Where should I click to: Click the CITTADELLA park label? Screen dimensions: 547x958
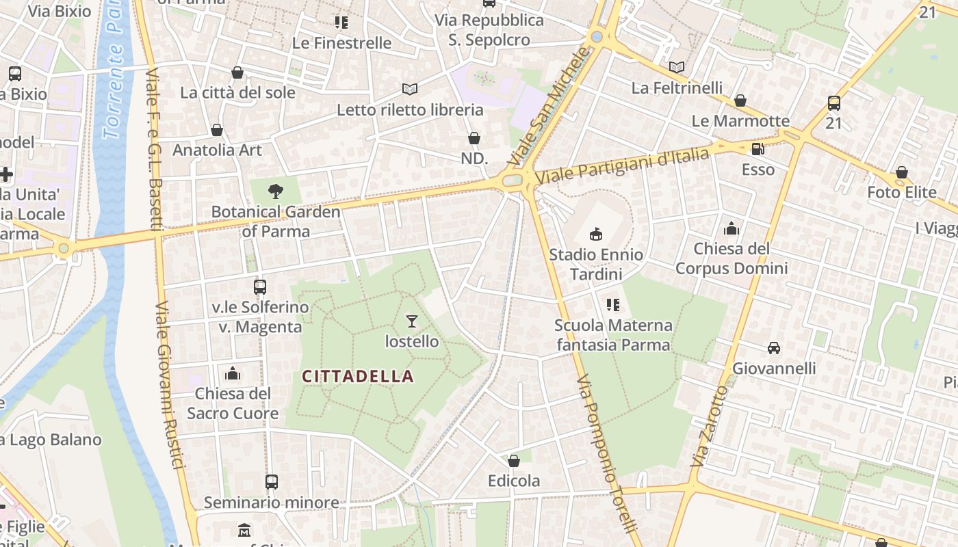coord(358,376)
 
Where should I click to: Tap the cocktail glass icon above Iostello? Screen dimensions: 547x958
coord(411,321)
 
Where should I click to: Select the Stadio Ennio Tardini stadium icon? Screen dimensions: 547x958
coord(596,234)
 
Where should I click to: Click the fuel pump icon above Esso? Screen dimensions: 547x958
coord(758,149)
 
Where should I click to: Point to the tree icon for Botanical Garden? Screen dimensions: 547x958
coord(275,191)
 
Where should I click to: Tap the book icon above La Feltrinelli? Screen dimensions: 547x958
coord(677,67)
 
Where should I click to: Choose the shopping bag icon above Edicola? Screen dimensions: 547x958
coord(514,461)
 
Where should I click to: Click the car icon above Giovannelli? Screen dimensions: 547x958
coord(774,348)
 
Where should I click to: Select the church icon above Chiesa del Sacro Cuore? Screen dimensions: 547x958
coord(233,373)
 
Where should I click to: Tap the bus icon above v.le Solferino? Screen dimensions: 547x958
coord(260,287)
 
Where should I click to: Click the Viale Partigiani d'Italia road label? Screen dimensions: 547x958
coord(622,166)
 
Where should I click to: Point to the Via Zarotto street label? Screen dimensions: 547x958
coord(708,427)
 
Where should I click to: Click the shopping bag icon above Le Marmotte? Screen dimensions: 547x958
coord(740,101)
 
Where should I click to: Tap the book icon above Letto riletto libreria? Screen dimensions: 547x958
coord(409,90)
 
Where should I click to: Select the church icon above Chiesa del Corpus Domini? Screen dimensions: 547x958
coord(732,228)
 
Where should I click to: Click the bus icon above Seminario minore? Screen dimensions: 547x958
coord(272,482)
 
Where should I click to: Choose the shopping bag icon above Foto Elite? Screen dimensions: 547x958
coord(902,172)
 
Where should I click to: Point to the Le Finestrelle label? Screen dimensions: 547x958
coord(341,43)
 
